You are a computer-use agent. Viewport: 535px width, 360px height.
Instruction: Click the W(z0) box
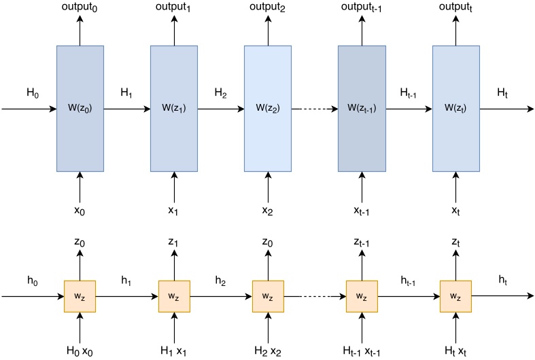point(80,108)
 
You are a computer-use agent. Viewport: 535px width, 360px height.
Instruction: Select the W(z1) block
point(174,108)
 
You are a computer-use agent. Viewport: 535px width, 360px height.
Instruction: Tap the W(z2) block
point(268,108)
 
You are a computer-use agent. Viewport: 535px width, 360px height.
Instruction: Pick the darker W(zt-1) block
point(362,108)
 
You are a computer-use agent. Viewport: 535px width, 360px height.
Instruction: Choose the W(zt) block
point(455,108)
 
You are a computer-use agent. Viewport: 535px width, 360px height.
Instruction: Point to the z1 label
point(174,242)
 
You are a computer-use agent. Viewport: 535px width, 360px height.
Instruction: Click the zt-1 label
point(362,242)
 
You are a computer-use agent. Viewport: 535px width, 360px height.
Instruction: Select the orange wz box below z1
point(174,296)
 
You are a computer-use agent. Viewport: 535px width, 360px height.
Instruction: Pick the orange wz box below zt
point(455,296)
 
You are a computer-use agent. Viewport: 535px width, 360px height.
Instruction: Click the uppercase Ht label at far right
point(502,92)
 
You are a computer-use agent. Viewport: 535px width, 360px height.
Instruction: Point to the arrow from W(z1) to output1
point(174,30)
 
